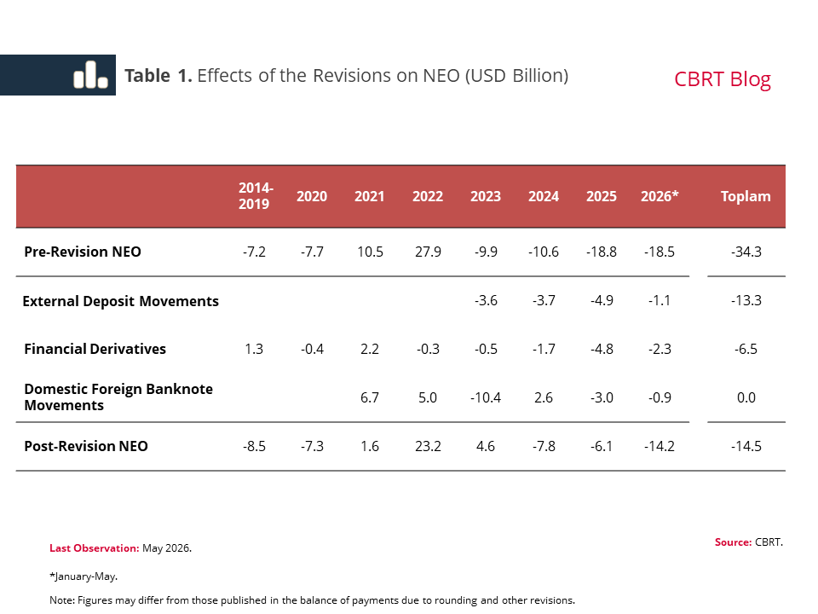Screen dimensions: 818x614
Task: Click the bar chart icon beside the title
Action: tap(91, 75)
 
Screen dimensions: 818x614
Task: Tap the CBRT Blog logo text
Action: tap(722, 79)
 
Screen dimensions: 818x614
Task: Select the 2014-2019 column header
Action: tap(256, 196)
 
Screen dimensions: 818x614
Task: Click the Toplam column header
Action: tap(746, 196)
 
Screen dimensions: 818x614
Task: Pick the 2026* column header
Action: tap(660, 196)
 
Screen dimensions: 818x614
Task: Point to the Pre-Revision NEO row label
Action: tap(83, 252)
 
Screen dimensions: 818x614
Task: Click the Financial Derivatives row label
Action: tap(95, 349)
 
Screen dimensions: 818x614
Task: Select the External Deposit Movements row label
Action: tap(120, 301)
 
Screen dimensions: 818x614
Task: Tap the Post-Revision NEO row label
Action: tap(86, 446)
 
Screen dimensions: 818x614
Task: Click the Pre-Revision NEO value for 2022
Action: tap(428, 252)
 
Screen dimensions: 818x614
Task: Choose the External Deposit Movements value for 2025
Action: tap(602, 301)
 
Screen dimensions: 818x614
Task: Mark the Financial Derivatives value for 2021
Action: tap(369, 349)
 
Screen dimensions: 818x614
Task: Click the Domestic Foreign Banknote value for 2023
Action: tap(485, 398)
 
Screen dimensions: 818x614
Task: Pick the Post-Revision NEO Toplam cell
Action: tap(746, 446)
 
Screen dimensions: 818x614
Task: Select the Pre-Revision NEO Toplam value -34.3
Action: tap(746, 252)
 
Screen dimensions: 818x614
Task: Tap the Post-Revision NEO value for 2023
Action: tap(485, 446)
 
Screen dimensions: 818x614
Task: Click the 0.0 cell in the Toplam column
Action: tap(746, 398)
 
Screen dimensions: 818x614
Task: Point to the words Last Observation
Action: tap(95, 548)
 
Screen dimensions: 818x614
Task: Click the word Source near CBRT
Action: tap(733, 542)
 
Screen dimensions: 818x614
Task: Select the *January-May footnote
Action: tap(84, 576)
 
